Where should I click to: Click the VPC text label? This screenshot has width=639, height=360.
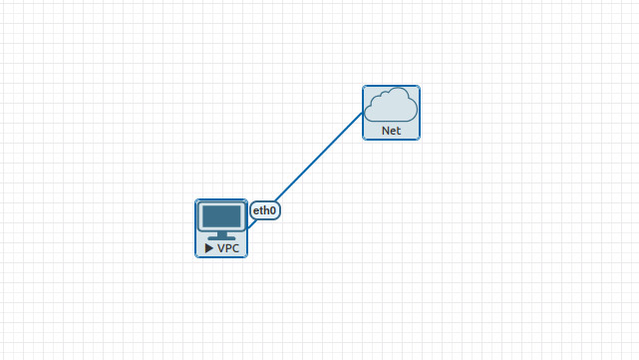point(228,247)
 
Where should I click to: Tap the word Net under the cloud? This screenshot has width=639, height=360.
point(391,131)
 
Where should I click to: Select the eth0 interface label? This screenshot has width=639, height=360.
point(264,210)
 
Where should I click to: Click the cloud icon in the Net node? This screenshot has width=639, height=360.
point(391,105)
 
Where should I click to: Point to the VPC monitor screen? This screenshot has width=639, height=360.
point(221,216)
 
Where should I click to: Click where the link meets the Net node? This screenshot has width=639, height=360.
point(363,112)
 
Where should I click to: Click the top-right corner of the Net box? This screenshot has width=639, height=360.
point(420,86)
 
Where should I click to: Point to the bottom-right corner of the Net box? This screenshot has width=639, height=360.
point(420,140)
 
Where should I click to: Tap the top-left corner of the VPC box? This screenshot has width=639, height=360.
point(195,199)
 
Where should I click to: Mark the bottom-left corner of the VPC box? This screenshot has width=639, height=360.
point(195,256)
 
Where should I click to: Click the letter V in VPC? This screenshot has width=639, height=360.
point(221,247)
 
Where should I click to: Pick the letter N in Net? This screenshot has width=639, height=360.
point(385,131)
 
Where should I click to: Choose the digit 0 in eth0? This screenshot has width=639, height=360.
point(272,210)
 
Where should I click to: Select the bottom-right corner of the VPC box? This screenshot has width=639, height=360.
point(246,256)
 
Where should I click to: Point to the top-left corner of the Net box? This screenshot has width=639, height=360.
point(363,86)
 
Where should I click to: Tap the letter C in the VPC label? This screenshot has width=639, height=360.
point(235,247)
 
